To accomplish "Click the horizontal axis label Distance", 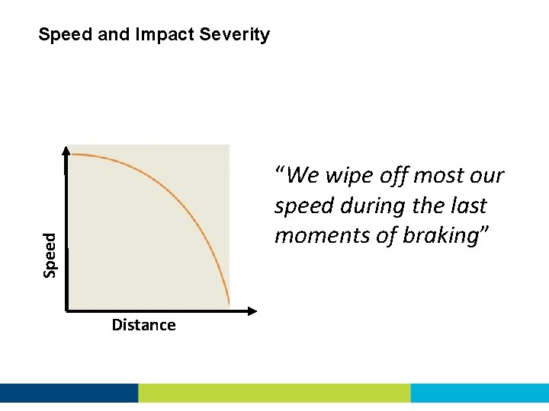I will pyautogui.click(x=143, y=325).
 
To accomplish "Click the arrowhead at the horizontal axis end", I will pyautogui.click(x=252, y=311).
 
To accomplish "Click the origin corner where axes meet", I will pyautogui.click(x=68, y=311).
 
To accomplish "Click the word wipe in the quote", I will pyautogui.click(x=354, y=176).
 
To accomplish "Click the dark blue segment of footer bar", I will pyautogui.click(x=69, y=393).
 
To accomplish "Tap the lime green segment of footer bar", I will pyautogui.click(x=274, y=393).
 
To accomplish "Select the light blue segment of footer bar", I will pyautogui.click(x=480, y=393).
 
